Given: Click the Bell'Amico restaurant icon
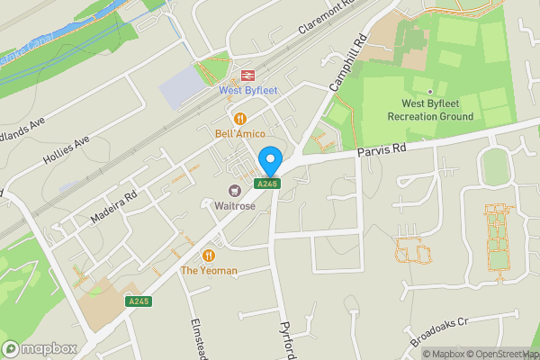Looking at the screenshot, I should (240, 118).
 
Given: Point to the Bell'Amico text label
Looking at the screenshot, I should (239, 134).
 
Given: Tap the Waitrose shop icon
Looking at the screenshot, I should (236, 190).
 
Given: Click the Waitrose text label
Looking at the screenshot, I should (236, 205).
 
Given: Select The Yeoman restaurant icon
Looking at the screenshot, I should (210, 255).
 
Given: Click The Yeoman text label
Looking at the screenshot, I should (209, 270).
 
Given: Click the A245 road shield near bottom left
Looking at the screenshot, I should (138, 301).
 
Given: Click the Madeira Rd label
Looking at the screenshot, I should (112, 209).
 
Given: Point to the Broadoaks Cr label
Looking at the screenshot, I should (440, 333).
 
